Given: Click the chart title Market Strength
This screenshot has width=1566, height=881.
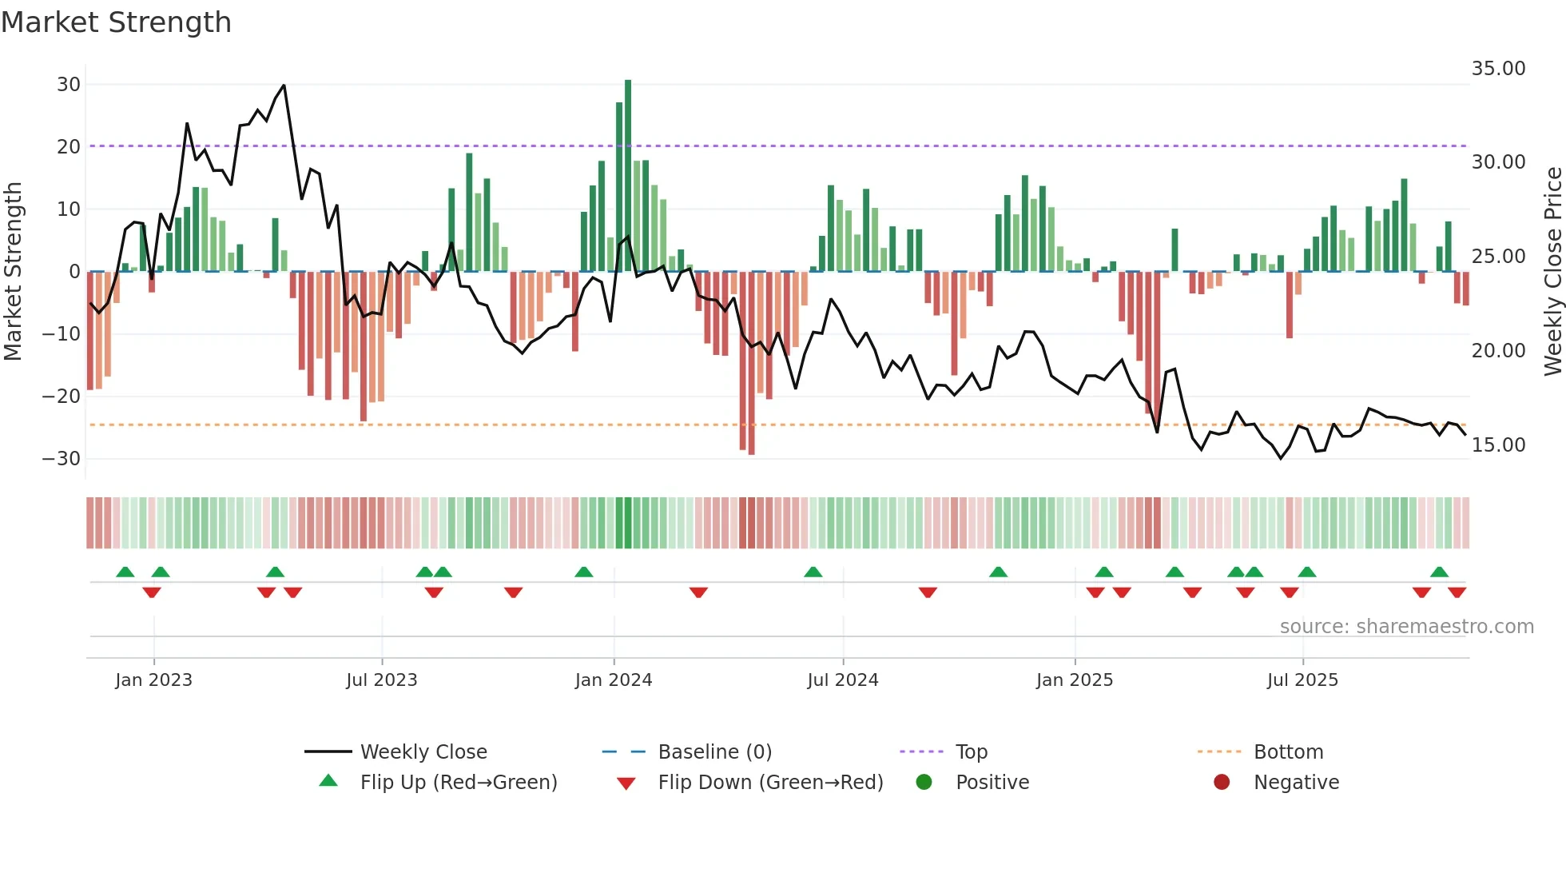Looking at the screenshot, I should pyautogui.click(x=116, y=22).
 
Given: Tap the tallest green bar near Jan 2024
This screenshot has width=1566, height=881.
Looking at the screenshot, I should pyautogui.click(x=628, y=176).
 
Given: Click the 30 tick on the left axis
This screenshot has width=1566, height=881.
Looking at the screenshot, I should pyautogui.click(x=69, y=85).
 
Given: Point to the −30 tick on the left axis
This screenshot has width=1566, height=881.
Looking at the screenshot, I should pyautogui.click(x=62, y=459).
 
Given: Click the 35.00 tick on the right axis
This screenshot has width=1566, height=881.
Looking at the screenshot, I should pyautogui.click(x=1498, y=69).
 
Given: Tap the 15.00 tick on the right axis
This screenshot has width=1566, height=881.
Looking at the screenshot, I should pyautogui.click(x=1498, y=445).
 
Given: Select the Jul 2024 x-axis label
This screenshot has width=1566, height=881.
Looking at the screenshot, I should pyautogui.click(x=843, y=680).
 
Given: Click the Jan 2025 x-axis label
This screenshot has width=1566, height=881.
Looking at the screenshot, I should pyautogui.click(x=1075, y=680).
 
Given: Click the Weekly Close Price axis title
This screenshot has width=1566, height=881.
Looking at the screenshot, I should pyautogui.click(x=1552, y=272).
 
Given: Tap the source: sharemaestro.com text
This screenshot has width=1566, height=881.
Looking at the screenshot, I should pyautogui.click(x=1406, y=627).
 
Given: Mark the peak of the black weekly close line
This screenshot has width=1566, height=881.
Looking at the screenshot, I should pyautogui.click(x=284, y=86).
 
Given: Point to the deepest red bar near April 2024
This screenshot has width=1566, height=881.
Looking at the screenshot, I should pyautogui.click(x=752, y=364).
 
